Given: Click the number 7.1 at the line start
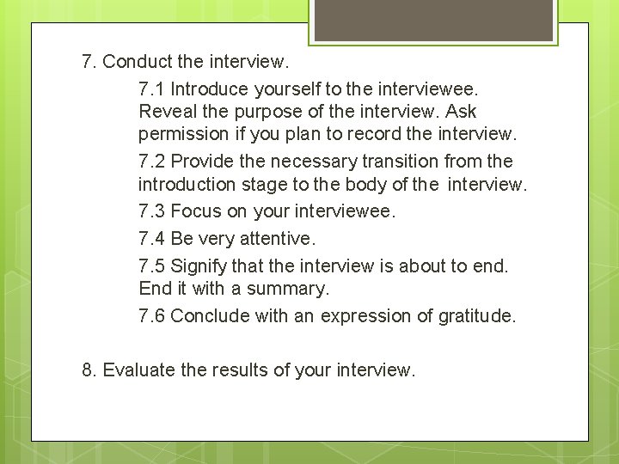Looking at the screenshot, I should click(151, 89).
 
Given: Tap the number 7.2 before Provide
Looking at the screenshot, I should click(151, 162).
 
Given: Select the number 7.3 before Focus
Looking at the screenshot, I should click(151, 211).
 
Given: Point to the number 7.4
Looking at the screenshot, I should click(151, 239).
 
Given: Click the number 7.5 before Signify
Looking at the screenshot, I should click(151, 266).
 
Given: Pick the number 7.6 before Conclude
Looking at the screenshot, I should click(151, 316).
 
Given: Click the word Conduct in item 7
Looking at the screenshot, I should click(139, 62).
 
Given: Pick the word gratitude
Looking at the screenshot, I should click(476, 316).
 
